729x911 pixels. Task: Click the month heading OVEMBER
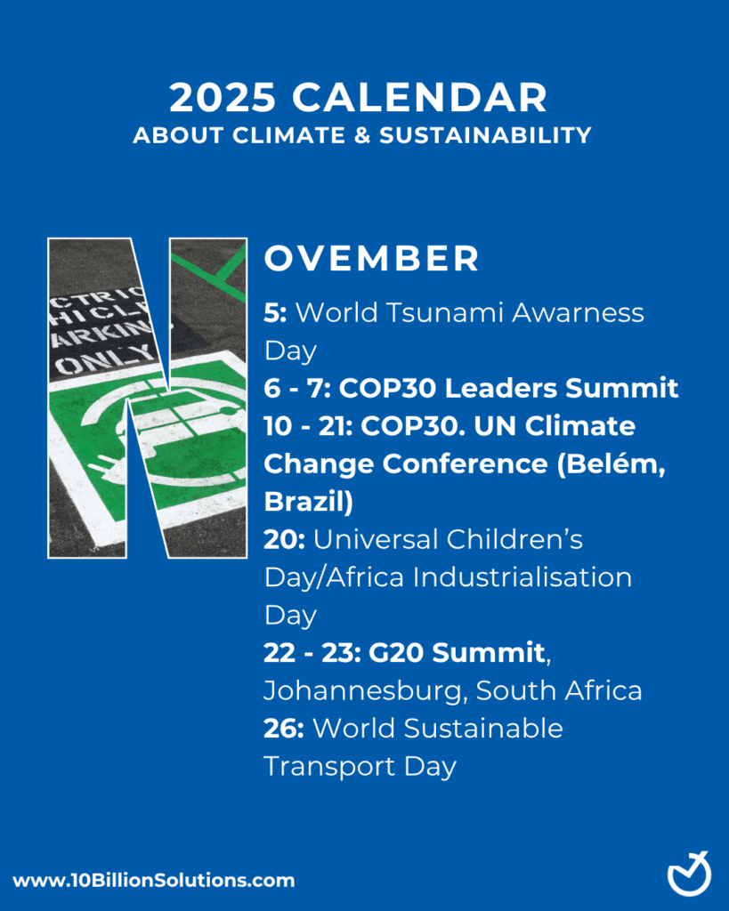[372, 258]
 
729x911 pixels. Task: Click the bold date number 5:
[275, 312]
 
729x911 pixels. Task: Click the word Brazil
[304, 501]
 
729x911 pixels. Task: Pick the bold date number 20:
[284, 539]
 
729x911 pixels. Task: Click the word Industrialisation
[518, 576]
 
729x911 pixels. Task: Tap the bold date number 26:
[284, 728]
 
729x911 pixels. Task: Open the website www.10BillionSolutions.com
[153, 881]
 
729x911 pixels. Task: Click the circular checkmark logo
[689, 874]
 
